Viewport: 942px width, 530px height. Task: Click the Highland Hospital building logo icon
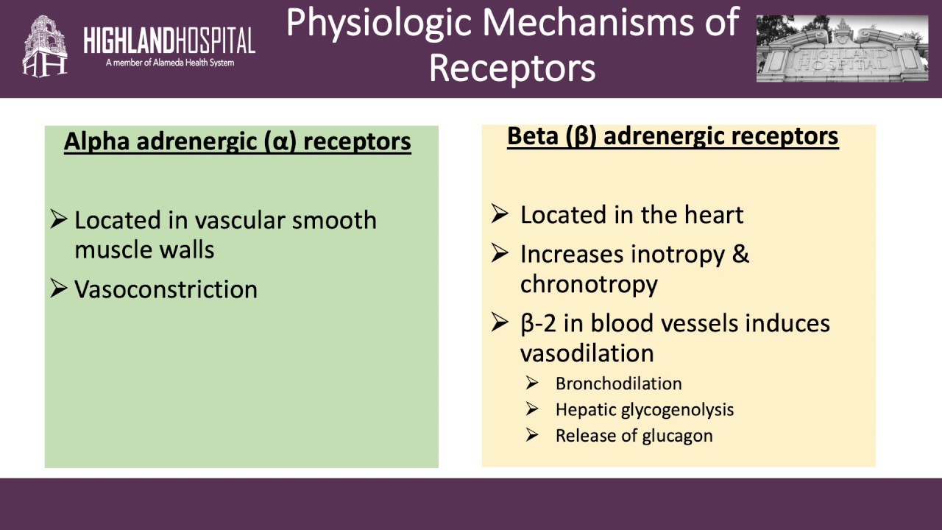[45, 46]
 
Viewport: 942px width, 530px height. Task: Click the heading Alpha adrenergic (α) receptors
[237, 141]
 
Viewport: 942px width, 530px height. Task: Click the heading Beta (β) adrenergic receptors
[673, 136]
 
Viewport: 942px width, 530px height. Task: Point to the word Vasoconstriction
[166, 289]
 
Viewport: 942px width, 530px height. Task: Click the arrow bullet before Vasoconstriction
[59, 289]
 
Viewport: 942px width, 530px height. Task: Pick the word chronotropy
[589, 284]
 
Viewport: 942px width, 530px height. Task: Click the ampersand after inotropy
[740, 254]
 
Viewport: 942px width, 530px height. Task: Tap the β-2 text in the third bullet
[542, 323]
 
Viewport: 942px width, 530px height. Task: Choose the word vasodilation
[587, 353]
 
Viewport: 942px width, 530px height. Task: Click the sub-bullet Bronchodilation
[618, 384]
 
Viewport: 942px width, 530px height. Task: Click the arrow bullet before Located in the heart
[500, 214]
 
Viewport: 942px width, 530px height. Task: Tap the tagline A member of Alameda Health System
[169, 63]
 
